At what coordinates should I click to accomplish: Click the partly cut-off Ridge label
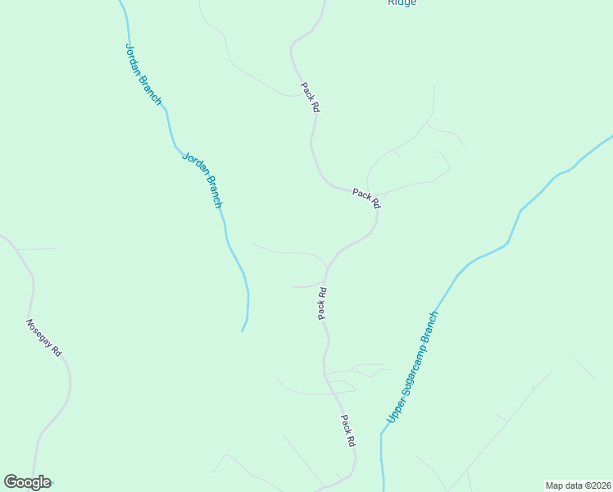pos(402,2)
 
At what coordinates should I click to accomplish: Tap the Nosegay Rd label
pos(44,337)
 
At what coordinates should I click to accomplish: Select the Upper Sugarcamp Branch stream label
pos(412,367)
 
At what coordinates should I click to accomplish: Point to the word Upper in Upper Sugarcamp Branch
pos(393,413)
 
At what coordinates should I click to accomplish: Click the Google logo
pos(27,482)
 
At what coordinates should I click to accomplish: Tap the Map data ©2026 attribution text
pos(578,485)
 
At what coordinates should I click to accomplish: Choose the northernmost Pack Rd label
pos(310,97)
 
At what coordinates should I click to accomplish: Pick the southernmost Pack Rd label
pos(348,430)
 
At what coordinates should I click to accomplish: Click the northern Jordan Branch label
pos(143,74)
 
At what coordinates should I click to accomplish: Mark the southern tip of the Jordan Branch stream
pos(242,331)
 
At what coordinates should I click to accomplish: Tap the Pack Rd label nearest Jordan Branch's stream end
pos(322,303)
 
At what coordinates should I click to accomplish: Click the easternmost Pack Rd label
pos(366,198)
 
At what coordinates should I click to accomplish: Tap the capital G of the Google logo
pos(11,482)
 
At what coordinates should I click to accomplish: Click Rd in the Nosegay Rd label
pos(56,350)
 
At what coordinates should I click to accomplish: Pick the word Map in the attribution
pos(555,485)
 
